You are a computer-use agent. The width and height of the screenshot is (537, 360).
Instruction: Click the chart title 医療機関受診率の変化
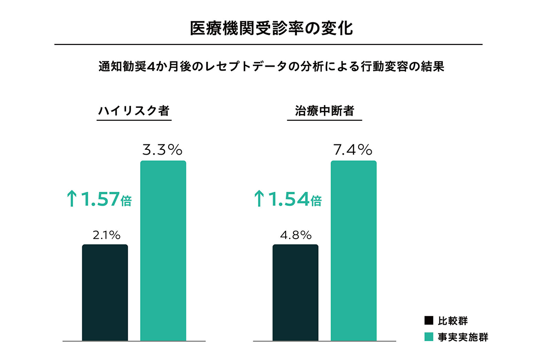click(x=268, y=28)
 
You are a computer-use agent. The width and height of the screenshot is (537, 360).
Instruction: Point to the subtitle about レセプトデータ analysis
click(x=268, y=67)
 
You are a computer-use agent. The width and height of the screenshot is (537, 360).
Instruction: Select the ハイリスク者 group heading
click(x=134, y=111)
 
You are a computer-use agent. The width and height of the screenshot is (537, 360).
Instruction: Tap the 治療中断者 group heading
click(x=324, y=111)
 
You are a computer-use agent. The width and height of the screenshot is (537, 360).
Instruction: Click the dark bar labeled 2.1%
click(x=105, y=293)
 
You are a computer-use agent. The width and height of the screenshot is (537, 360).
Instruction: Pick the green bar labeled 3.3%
click(x=163, y=251)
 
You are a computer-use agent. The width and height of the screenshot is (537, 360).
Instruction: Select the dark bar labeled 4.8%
click(x=295, y=293)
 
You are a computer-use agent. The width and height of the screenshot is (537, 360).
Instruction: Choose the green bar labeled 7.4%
click(x=353, y=251)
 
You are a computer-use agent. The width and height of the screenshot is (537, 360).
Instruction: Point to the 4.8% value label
click(x=296, y=235)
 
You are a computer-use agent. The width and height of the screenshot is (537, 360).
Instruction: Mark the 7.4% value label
click(x=353, y=150)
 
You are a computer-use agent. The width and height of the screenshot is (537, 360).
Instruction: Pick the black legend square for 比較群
click(x=428, y=320)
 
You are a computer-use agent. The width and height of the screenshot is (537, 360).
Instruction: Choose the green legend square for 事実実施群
click(x=428, y=337)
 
